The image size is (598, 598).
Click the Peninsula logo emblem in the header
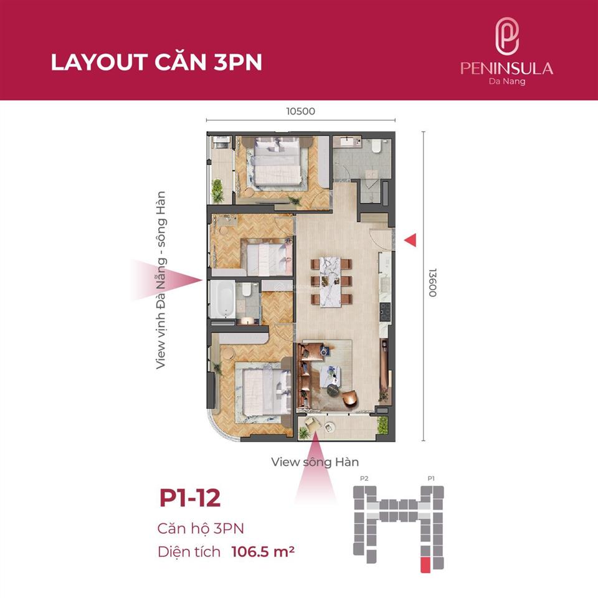coord(506,36)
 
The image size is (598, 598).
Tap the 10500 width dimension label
coord(301,112)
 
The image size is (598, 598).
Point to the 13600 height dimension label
coord(432,282)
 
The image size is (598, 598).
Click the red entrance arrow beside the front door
coord(410,240)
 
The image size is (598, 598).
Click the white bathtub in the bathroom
coord(222,300)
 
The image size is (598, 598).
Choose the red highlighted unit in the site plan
coord(425,564)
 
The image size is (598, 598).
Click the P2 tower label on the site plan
coord(365,478)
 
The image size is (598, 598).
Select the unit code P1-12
coord(190,498)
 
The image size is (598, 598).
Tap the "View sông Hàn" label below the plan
coord(315,462)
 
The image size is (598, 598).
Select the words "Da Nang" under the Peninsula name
coord(506,81)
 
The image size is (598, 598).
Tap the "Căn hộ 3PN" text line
coord(201,528)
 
